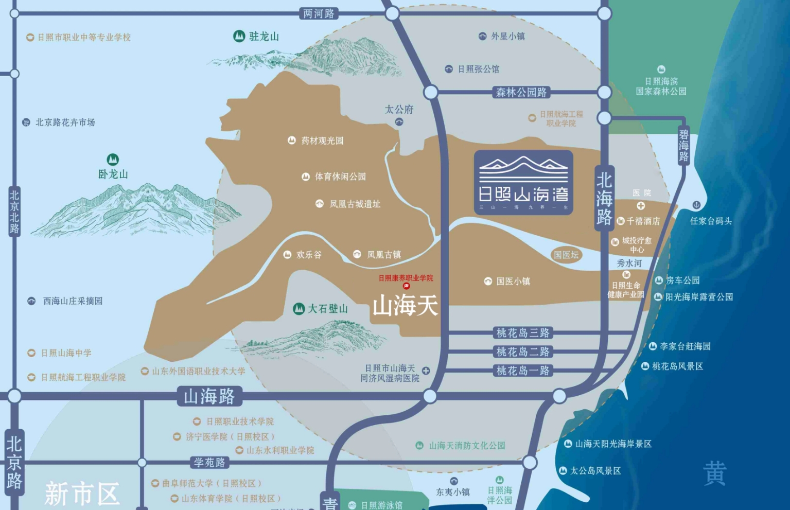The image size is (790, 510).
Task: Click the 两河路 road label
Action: (319, 13)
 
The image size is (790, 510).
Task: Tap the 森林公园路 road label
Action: (521, 93)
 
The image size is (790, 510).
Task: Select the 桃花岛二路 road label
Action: (523, 352)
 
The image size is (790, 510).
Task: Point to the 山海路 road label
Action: (209, 396)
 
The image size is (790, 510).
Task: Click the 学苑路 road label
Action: (209, 462)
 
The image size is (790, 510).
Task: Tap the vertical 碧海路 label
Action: (683, 146)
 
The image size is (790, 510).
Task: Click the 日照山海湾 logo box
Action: (523, 182)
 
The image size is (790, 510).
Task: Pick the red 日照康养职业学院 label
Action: (406, 278)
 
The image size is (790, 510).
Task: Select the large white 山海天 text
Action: (406, 305)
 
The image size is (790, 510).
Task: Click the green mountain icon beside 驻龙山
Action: (239, 36)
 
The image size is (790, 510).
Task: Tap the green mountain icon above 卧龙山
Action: (113, 160)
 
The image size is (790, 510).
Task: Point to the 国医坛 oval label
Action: (566, 255)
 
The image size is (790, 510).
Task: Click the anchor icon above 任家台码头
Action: (696, 205)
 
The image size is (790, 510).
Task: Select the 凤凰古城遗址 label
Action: (355, 204)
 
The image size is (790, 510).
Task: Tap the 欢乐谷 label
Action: (309, 254)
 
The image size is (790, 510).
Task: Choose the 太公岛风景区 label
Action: (595, 470)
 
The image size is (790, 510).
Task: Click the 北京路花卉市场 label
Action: (65, 122)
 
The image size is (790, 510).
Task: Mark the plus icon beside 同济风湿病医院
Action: (426, 371)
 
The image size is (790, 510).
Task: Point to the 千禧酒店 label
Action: (643, 221)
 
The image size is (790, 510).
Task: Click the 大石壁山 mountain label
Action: (327, 309)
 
